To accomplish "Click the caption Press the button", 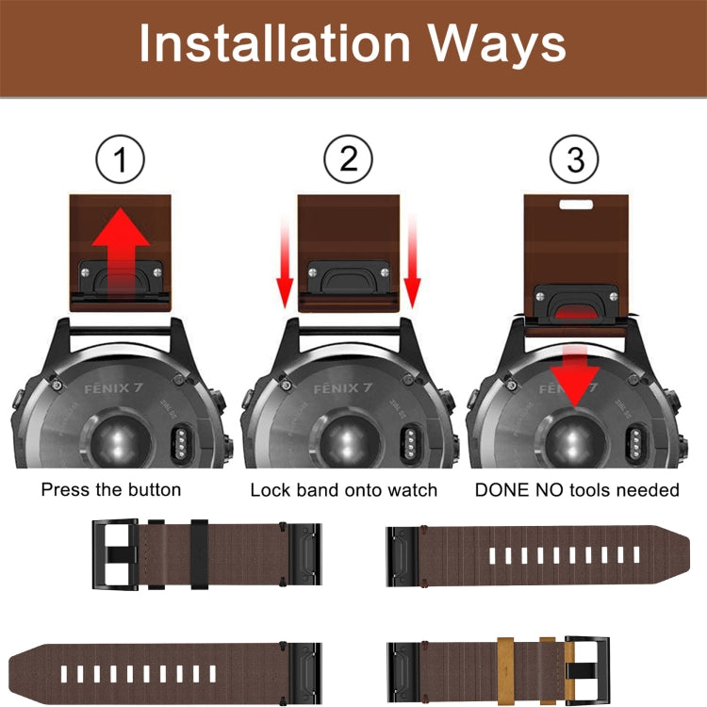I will coord(111,490).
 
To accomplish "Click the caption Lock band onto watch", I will coord(344,490).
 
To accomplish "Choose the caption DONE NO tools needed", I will coord(577,490).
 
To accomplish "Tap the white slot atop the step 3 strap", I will coord(575,202).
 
